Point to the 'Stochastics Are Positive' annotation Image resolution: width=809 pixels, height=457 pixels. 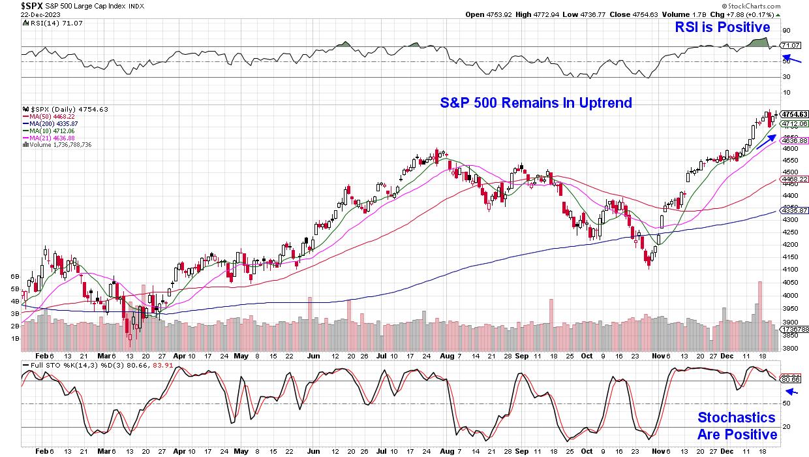pyautogui.click(x=737, y=426)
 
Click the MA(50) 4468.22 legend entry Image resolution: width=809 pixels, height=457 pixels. pyautogui.click(x=50, y=116)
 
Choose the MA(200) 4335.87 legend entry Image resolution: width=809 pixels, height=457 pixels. pyautogui.click(x=52, y=123)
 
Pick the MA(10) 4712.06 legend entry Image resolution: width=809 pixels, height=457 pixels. pyautogui.click(x=50, y=131)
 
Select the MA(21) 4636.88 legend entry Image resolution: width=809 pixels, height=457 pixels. pyautogui.click(x=50, y=137)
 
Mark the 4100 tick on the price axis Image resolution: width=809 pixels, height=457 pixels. pyautogui.click(x=789, y=269)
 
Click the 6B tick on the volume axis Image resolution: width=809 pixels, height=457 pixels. pyautogui.click(x=14, y=277)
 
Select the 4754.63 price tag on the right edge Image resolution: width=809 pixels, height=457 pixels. pyautogui.click(x=795, y=114)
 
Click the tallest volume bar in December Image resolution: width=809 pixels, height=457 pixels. pyautogui.click(x=759, y=307)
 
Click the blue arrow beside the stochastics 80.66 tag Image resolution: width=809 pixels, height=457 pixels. pyautogui.click(x=791, y=392)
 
